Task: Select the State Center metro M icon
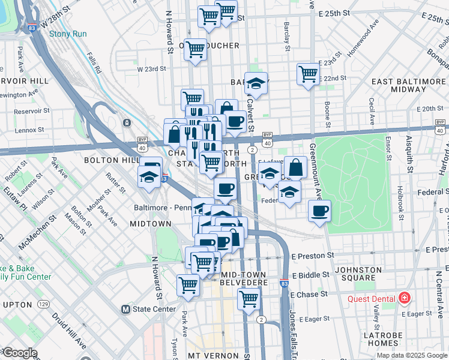(x=125, y=310)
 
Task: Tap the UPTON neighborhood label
(x=17, y=305)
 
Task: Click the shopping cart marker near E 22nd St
(x=308, y=74)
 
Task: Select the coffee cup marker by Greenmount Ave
(x=319, y=211)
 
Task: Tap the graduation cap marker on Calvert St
(x=256, y=83)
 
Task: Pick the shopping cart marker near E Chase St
(x=249, y=298)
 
